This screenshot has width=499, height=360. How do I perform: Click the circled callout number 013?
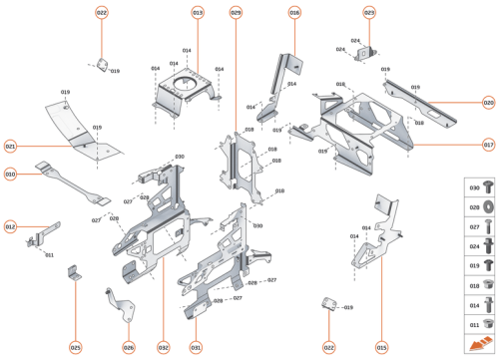click(198, 12)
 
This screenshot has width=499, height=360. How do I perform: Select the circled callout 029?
click(236, 12)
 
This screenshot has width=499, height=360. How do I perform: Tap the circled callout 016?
click(294, 12)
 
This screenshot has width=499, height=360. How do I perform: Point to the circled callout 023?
click(369, 12)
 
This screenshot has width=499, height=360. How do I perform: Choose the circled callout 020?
click(488, 103)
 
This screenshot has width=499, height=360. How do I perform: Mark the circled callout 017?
click(488, 145)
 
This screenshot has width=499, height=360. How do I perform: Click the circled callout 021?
click(10, 146)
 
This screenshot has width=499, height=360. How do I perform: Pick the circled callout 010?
click(10, 174)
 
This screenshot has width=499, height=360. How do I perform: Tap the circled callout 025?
click(75, 347)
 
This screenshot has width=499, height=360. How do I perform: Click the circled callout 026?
click(128, 347)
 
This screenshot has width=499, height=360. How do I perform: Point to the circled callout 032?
click(163, 347)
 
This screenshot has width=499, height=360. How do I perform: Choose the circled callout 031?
click(196, 347)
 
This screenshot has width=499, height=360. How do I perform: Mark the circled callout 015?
click(381, 347)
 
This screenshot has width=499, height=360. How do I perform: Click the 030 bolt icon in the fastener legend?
click(488, 187)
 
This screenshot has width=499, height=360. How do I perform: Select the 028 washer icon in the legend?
click(488, 206)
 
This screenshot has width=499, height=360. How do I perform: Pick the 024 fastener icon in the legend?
click(488, 244)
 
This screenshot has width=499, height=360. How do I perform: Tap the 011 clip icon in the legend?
click(488, 325)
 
